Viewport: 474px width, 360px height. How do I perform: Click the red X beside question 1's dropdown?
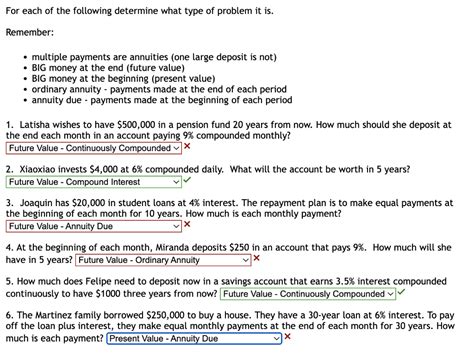(188, 146)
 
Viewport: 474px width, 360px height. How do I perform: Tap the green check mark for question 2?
(188, 181)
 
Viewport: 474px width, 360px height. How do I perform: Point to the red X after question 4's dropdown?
(256, 258)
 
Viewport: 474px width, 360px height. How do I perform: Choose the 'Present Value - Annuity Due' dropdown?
(193, 338)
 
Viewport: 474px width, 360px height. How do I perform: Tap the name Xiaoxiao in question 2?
(42, 169)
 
